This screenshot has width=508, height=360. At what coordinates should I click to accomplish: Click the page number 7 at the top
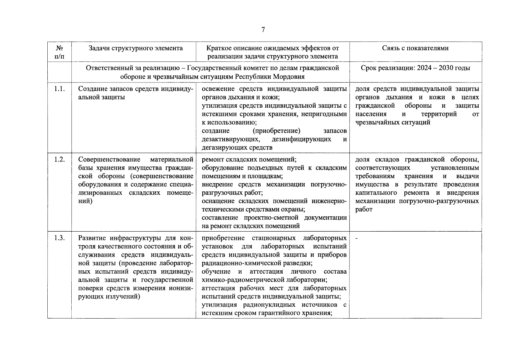tap(263, 29)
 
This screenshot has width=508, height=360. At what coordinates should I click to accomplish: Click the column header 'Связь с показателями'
tap(415, 48)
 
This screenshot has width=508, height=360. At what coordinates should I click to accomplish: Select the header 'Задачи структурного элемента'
tap(135, 48)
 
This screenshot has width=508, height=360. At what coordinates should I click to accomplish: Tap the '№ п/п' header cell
tap(59, 52)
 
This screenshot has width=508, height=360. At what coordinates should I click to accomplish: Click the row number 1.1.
tap(59, 89)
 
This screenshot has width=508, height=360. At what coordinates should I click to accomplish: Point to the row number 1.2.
tap(59, 159)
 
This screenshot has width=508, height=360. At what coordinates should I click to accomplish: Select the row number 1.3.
tap(59, 238)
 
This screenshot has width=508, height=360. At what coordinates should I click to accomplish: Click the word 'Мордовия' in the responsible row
tap(290, 76)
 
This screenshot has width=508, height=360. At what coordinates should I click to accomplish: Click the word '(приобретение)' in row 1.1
tap(276, 131)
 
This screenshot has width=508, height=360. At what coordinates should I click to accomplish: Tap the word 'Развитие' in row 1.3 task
tap(92, 238)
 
